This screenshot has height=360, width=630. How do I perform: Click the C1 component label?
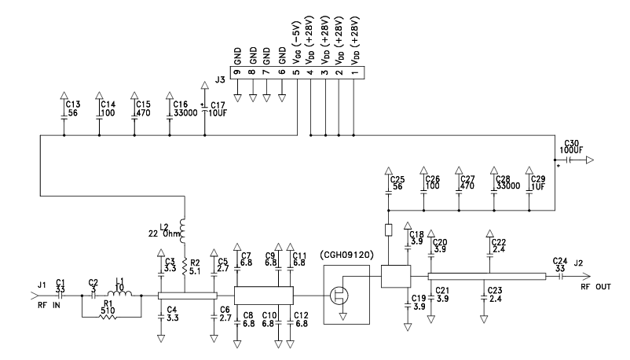(60, 285)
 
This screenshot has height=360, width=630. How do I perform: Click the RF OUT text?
(595, 288)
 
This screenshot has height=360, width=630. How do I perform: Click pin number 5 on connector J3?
(295, 73)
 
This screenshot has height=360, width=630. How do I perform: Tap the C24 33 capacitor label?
(559, 263)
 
